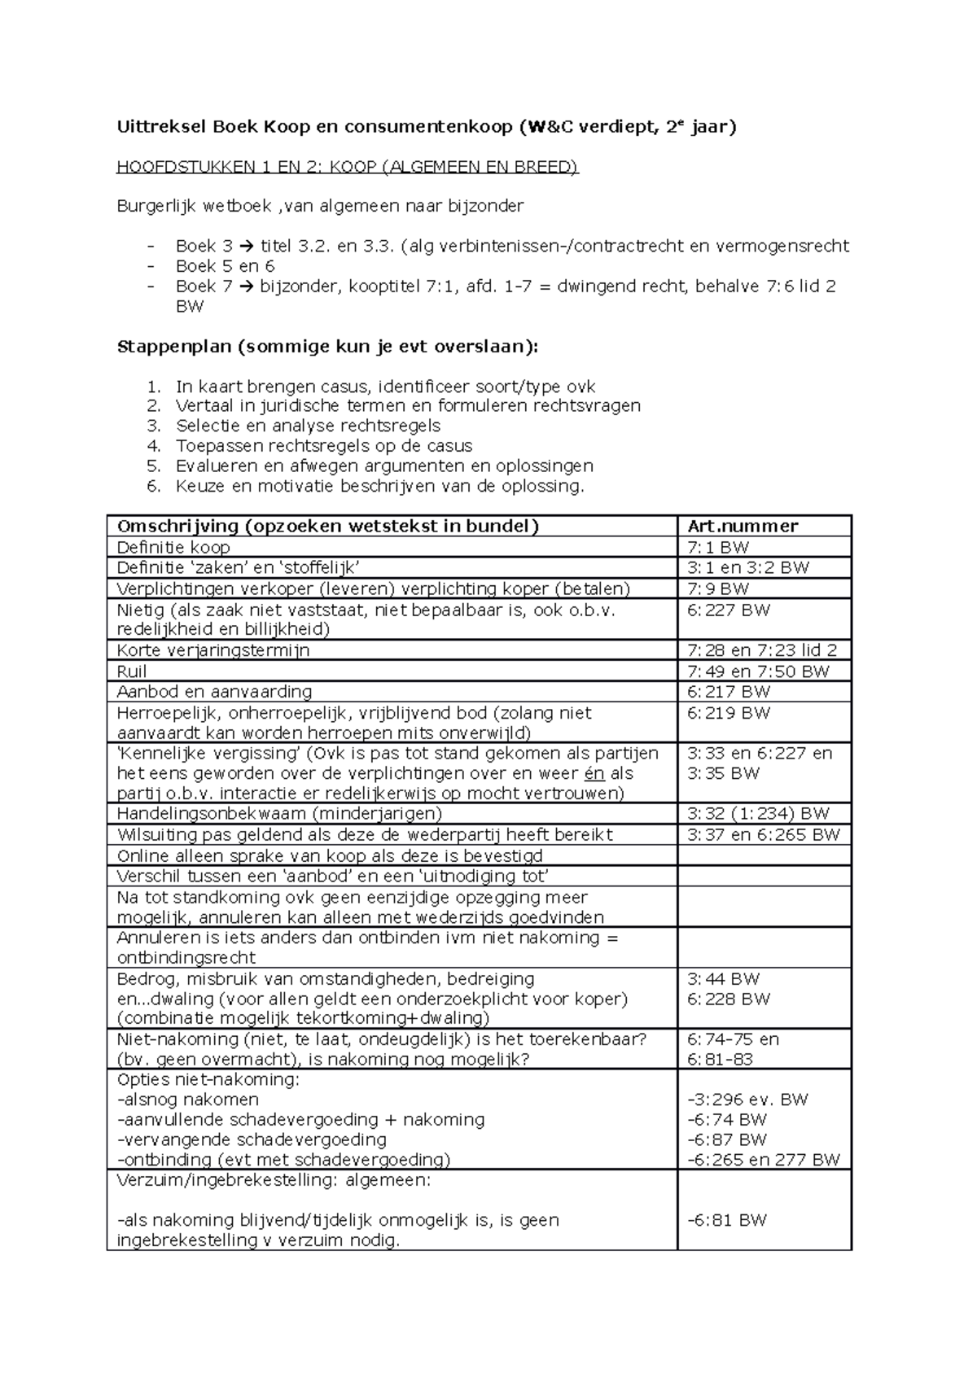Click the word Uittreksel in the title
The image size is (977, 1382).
pyautogui.click(x=161, y=127)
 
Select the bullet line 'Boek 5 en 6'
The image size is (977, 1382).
pyautogui.click(x=226, y=266)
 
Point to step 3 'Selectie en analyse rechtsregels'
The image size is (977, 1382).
pyautogui.click(x=308, y=426)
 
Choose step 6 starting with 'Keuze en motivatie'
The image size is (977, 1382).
pyautogui.click(x=379, y=487)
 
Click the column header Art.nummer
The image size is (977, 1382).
pyautogui.click(x=743, y=526)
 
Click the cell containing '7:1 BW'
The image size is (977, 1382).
pyautogui.click(x=718, y=547)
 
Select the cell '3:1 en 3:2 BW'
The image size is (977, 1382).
pyautogui.click(x=748, y=567)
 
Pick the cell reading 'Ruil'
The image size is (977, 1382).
pyautogui.click(x=132, y=671)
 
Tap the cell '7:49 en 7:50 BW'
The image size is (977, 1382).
pyautogui.click(x=758, y=671)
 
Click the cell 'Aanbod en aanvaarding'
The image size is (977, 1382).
pyautogui.click(x=214, y=692)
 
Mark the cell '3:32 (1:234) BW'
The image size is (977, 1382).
pyautogui.click(x=758, y=814)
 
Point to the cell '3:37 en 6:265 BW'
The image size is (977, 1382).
pyautogui.click(x=763, y=834)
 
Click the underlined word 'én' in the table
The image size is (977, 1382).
pyautogui.click(x=595, y=773)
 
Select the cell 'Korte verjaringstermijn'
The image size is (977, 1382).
pyautogui.click(x=213, y=650)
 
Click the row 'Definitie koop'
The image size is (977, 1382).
pyautogui.click(x=173, y=547)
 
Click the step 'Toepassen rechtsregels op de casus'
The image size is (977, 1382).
pyautogui.click(x=324, y=446)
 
